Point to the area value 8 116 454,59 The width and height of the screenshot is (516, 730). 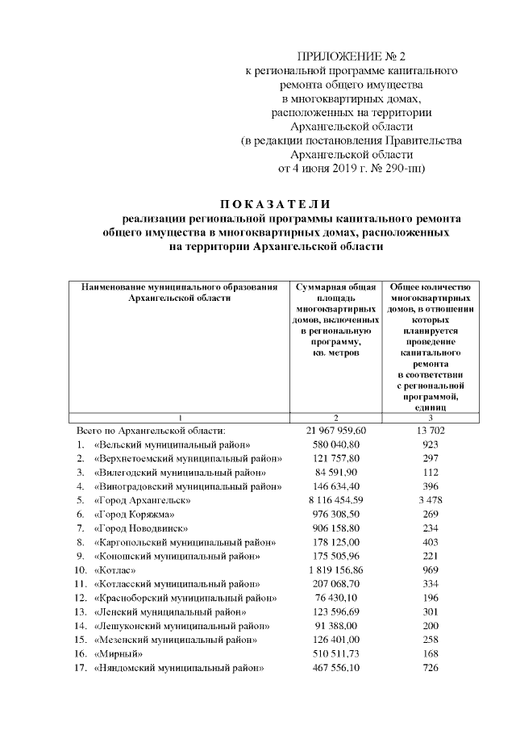337,500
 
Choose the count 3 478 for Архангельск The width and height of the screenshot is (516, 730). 430,500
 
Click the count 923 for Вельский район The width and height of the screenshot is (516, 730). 430,444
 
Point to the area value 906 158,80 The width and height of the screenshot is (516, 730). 337,528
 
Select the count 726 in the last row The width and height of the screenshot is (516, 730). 430,668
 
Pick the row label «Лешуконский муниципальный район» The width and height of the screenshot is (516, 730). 181,625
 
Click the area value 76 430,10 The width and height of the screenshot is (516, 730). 337,598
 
